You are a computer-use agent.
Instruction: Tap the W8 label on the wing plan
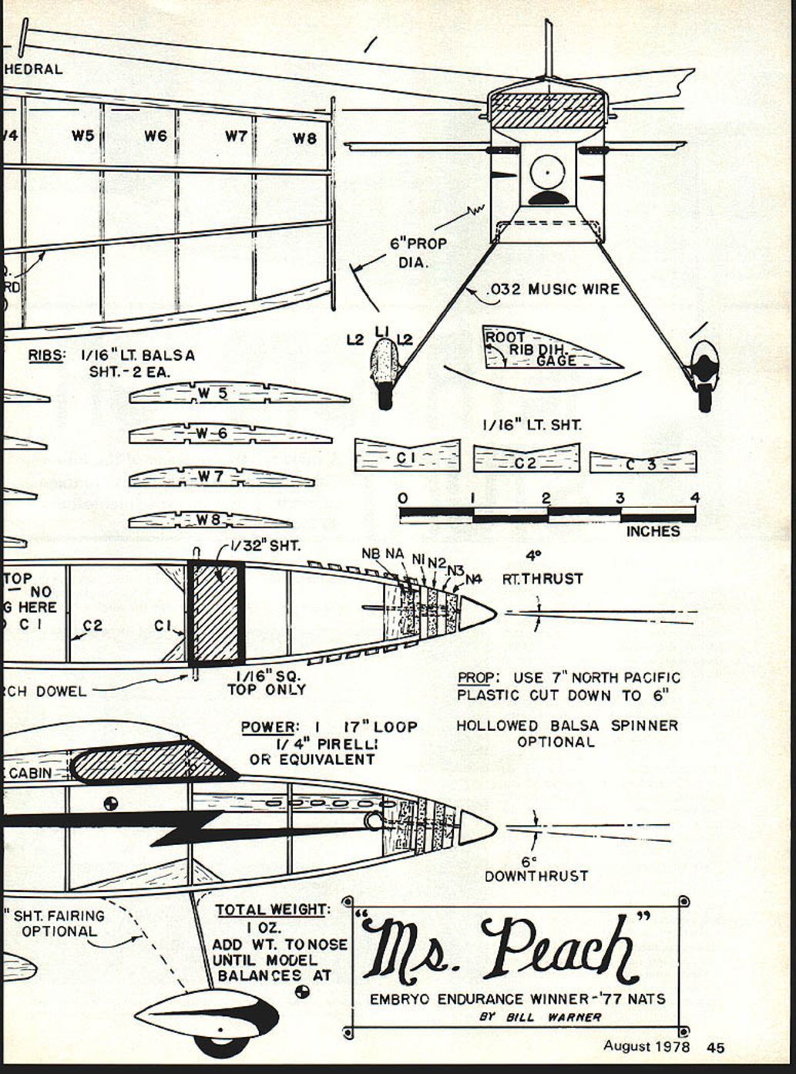(304, 139)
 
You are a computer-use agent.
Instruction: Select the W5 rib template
(239, 393)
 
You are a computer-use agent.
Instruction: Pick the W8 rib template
(210, 520)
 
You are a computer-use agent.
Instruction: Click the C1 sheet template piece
(407, 456)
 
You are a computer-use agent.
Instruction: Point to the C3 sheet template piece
(643, 463)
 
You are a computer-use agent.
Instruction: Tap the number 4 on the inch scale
(695, 498)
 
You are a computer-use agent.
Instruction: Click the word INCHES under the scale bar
(653, 531)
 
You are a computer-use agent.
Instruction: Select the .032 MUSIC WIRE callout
(553, 290)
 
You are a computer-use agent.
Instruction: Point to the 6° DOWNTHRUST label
(536, 870)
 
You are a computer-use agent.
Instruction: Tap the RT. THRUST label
(542, 578)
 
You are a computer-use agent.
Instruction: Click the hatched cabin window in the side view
(150, 762)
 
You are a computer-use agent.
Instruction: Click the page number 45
(715, 1047)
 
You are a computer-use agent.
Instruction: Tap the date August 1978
(647, 1046)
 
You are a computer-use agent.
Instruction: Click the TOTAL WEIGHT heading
(270, 910)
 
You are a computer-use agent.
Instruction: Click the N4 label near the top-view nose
(472, 578)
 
